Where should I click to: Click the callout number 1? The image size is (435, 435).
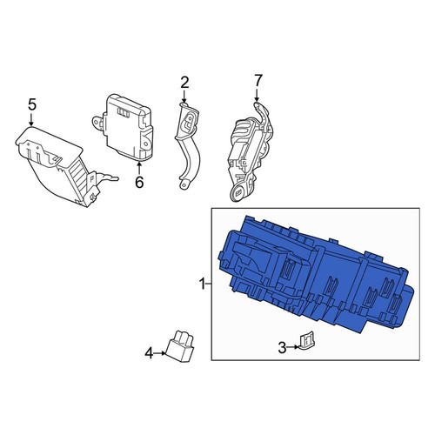click(202, 284)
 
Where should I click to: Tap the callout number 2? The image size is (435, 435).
click(184, 83)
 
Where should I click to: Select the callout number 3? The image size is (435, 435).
click(282, 348)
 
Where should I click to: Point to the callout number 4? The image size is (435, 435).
click(149, 353)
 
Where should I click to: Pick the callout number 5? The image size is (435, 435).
click(32, 104)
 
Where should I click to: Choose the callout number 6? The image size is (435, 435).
click(139, 182)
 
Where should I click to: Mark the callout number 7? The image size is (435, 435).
click(258, 80)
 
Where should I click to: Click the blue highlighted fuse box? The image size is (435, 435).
click(316, 276)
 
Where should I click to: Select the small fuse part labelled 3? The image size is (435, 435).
click(306, 341)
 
